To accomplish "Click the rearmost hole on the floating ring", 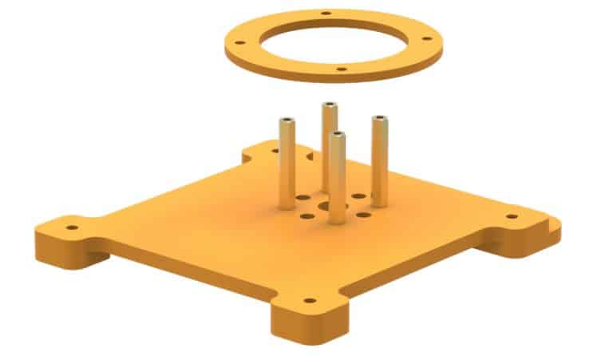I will tap(326, 14).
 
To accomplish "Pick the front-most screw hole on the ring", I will tap(342, 70).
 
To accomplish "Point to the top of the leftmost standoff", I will tap(287, 121).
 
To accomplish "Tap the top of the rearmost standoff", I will tap(329, 105).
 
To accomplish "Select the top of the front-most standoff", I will tap(338, 136).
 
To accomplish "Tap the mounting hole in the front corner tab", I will tap(310, 303).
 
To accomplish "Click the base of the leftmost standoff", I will tap(287, 204).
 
